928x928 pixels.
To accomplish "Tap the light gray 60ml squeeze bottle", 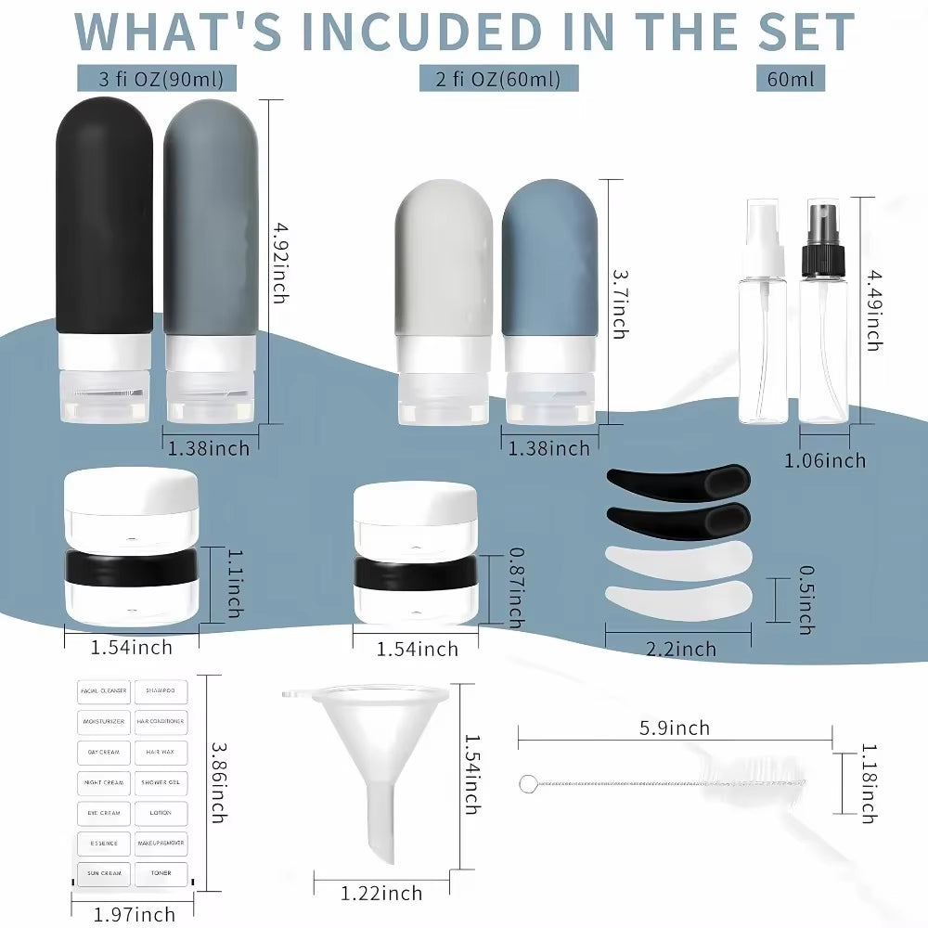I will click(443, 278).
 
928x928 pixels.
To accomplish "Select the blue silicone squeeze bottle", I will click(549, 278).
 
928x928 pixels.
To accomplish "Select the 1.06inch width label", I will click(825, 460).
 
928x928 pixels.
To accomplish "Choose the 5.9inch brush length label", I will click(675, 728).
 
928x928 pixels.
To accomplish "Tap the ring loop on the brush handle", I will click(527, 784).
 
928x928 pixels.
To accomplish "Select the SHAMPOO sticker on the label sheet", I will click(161, 691).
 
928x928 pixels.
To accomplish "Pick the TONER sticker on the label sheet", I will click(161, 873).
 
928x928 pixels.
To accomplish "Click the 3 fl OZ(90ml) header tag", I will click(155, 78).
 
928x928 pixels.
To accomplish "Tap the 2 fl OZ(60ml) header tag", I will click(498, 78).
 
